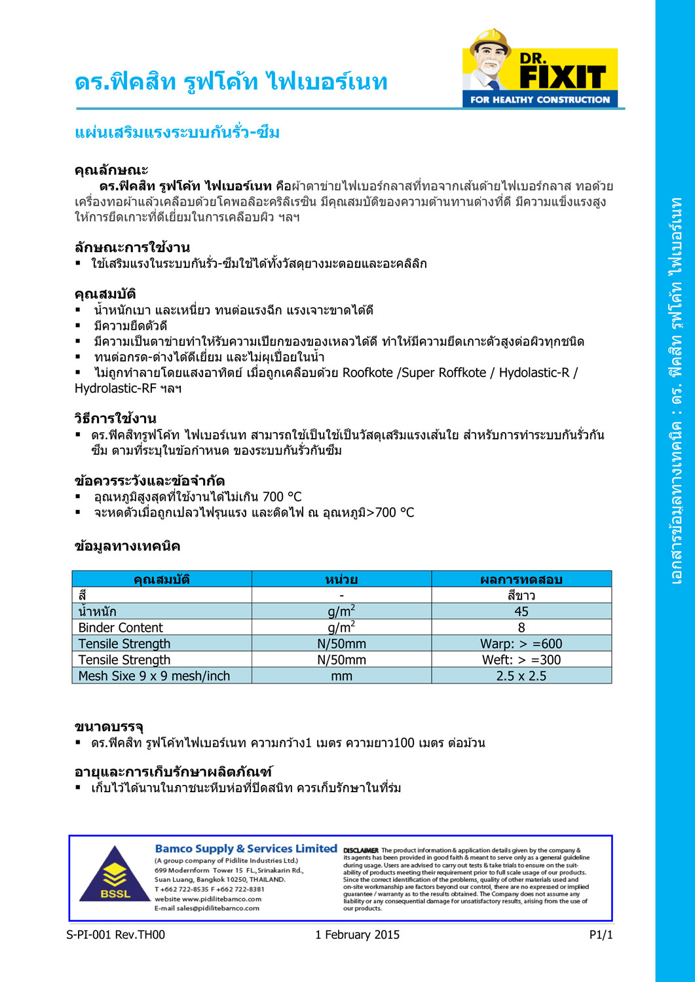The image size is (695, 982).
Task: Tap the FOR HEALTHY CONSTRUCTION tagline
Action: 540,100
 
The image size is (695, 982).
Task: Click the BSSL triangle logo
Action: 115,875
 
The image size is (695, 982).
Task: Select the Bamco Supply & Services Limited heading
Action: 246,848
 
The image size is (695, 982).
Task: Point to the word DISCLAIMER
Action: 361,850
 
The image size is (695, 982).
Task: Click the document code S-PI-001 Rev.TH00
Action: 116,935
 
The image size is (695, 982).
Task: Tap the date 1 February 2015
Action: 357,935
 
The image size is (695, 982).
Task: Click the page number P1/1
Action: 601,935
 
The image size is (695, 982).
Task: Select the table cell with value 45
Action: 521,611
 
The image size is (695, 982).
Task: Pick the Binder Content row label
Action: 121,628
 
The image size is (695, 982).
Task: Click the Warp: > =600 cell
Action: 521,644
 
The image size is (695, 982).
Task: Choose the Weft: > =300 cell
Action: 521,660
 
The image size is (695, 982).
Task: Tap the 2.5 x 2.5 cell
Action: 521,676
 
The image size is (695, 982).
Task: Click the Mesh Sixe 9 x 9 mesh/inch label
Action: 154,676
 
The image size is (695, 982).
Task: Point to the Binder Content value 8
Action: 521,628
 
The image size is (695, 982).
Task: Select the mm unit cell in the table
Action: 341,676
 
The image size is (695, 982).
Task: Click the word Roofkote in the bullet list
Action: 367,373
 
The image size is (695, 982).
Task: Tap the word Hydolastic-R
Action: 534,373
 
